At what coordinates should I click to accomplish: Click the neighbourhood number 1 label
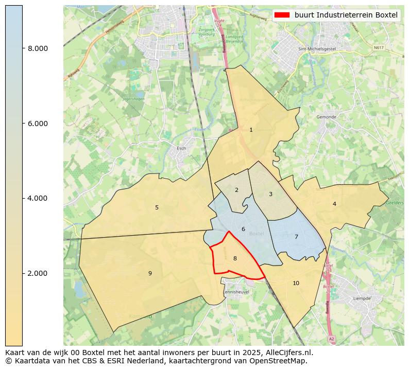coord(251,130)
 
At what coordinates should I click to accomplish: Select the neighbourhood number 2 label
coord(236,190)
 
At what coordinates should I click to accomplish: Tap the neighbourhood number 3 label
coord(270,195)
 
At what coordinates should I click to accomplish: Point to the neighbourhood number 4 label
coord(334,204)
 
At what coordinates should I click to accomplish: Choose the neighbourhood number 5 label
coord(157,208)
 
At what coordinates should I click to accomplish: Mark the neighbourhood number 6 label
coord(243,230)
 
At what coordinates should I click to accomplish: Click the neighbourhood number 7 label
coord(296,237)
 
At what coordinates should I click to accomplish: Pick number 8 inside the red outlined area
coord(235,259)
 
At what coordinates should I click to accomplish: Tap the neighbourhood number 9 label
coord(150,274)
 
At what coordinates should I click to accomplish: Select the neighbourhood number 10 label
coord(296,284)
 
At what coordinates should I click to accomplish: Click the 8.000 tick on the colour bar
coord(38,48)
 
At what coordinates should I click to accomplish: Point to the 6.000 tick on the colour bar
coord(38,124)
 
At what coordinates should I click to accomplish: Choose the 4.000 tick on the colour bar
coord(38,198)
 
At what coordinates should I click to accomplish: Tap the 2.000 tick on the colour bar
coord(38,273)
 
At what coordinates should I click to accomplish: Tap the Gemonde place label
coord(326,117)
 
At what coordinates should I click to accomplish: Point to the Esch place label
coord(181,149)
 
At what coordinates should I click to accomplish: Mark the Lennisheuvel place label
coord(236,292)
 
